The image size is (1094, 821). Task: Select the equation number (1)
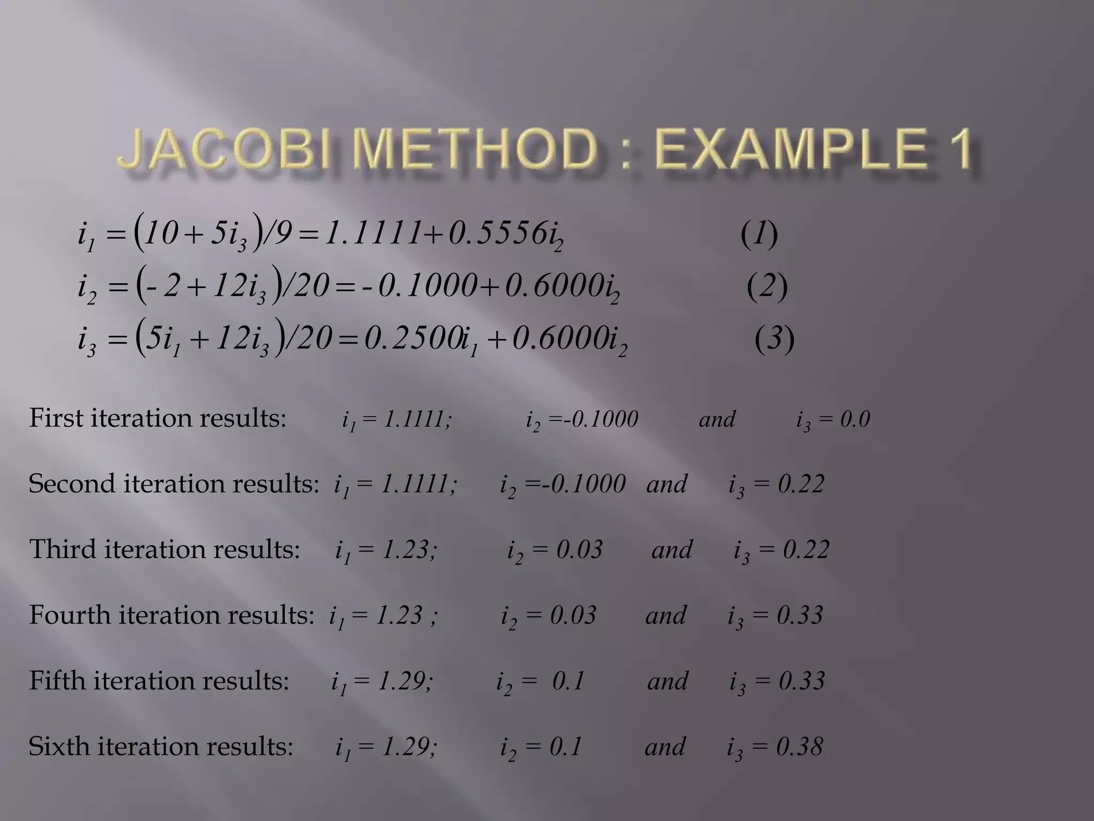click(759, 234)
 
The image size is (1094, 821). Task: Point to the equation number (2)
click(767, 286)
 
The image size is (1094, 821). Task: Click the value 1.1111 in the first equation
click(371, 234)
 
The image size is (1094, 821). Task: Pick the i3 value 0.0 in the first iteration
click(855, 419)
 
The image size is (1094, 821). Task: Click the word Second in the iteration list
click(72, 484)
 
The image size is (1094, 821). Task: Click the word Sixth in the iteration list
click(59, 747)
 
